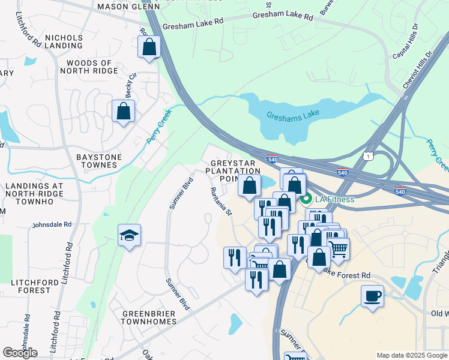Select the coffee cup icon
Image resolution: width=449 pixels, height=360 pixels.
(372, 296)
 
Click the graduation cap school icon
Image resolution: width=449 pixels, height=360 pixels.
(129, 236)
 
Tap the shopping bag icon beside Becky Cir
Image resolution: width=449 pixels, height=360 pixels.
(123, 111)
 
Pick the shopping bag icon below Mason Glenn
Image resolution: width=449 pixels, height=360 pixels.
(149, 47)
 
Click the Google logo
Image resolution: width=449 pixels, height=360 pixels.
(20, 352)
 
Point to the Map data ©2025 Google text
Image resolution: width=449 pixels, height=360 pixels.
(411, 355)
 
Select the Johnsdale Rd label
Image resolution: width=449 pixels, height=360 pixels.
(52, 224)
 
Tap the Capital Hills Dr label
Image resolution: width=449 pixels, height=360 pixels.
(406, 46)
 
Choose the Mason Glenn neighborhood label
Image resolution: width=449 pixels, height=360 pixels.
(122, 6)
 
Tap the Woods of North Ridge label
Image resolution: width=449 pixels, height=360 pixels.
(89, 67)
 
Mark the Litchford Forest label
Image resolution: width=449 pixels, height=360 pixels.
(31, 285)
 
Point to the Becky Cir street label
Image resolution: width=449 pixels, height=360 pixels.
(131, 80)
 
